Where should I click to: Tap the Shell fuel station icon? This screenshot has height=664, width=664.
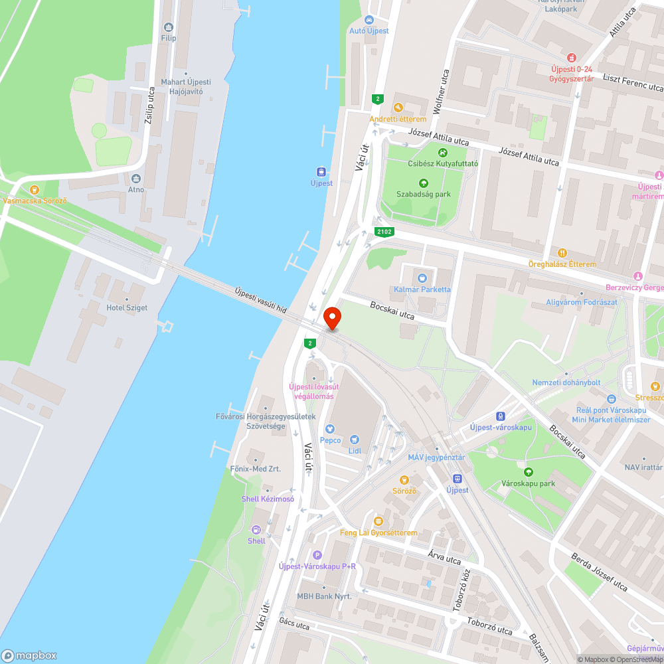click(x=256, y=529)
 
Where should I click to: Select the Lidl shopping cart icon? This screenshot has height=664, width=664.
click(x=354, y=439)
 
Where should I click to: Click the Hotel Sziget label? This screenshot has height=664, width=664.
click(x=127, y=308)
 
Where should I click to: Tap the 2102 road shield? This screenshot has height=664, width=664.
click(x=384, y=232)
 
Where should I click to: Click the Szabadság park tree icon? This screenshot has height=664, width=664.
click(x=423, y=183)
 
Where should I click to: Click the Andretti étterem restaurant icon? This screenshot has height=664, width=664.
click(x=398, y=107)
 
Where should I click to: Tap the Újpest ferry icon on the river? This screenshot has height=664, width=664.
click(x=321, y=171)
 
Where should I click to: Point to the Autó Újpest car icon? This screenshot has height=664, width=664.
click(x=369, y=19)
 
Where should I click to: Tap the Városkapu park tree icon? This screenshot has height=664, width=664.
click(x=528, y=472)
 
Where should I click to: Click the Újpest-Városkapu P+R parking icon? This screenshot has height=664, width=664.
click(x=317, y=554)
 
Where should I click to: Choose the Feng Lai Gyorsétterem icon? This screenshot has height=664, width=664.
click(x=378, y=521)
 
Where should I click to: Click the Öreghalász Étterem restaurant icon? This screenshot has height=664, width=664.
click(x=562, y=252)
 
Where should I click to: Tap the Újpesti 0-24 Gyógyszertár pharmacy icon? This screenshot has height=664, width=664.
click(x=570, y=58)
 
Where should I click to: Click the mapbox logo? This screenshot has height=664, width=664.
click(x=29, y=655)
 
